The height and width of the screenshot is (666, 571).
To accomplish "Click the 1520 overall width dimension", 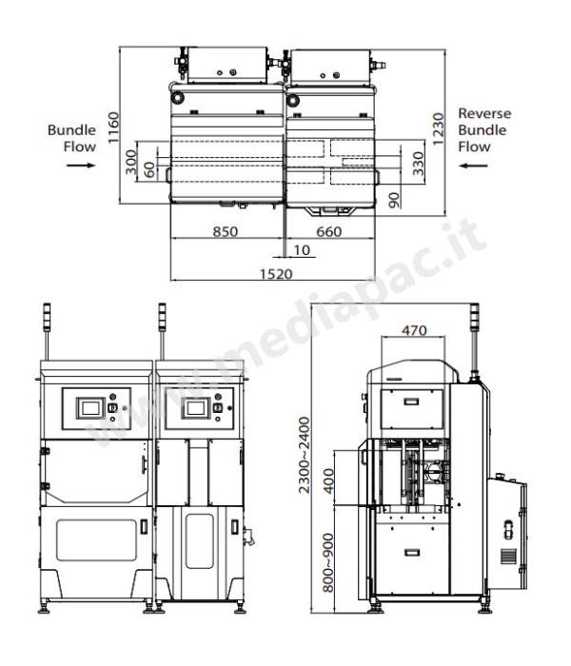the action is pyautogui.click(x=276, y=274).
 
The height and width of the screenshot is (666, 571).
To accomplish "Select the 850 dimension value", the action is pyautogui.click(x=226, y=232).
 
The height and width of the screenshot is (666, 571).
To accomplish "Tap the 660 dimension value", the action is pyautogui.click(x=329, y=232).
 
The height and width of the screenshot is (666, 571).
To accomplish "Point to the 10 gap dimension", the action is pyautogui.click(x=302, y=250).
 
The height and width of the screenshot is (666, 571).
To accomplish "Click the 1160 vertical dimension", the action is pyautogui.click(x=113, y=127).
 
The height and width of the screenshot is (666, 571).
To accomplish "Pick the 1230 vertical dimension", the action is pyautogui.click(x=438, y=129).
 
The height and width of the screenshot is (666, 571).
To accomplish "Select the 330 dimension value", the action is pyautogui.click(x=419, y=164).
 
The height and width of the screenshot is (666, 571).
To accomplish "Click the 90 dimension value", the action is pyautogui.click(x=395, y=200).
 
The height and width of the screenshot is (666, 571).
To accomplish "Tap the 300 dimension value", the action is pyautogui.click(x=131, y=162).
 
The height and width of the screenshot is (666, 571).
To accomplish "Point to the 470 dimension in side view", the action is pyautogui.click(x=414, y=330).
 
